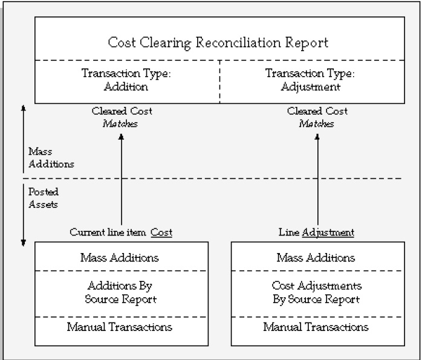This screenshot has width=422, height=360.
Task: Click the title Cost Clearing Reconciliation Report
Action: (x=218, y=43)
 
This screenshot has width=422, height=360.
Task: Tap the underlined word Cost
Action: (x=161, y=232)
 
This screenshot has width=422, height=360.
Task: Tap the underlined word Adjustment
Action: (x=328, y=232)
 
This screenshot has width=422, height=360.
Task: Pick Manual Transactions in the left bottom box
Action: (x=120, y=327)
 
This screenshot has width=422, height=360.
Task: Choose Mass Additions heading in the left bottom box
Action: (x=120, y=258)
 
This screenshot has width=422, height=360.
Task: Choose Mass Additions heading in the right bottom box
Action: (x=315, y=258)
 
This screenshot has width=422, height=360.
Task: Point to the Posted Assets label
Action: (x=41, y=199)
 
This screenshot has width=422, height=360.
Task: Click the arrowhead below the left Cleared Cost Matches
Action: (x=122, y=137)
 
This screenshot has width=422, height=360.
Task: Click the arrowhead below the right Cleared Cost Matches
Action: (x=317, y=137)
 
